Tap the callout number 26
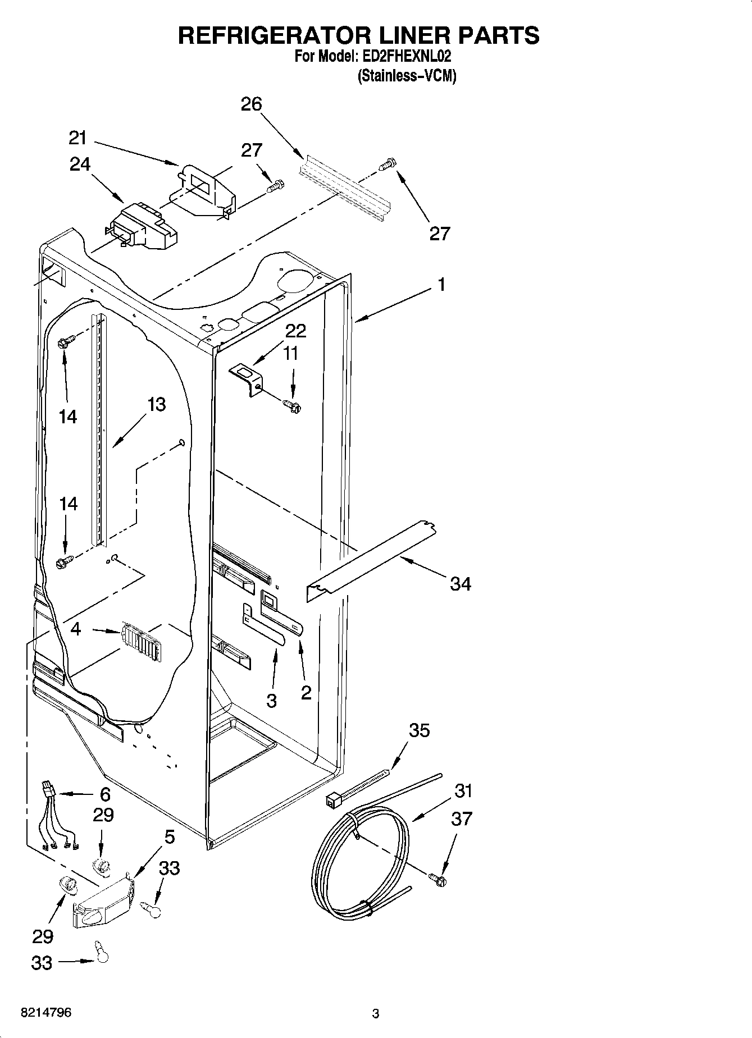[x=251, y=104]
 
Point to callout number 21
[x=78, y=138]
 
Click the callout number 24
[x=80, y=164]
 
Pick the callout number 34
[x=461, y=584]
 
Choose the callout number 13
[x=157, y=404]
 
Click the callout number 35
[x=419, y=730]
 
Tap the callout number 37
[x=462, y=818]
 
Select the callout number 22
[x=295, y=331]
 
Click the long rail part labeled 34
[x=371, y=561]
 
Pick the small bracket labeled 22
[x=247, y=379]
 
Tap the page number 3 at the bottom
[x=376, y=1014]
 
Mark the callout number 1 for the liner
[x=441, y=285]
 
